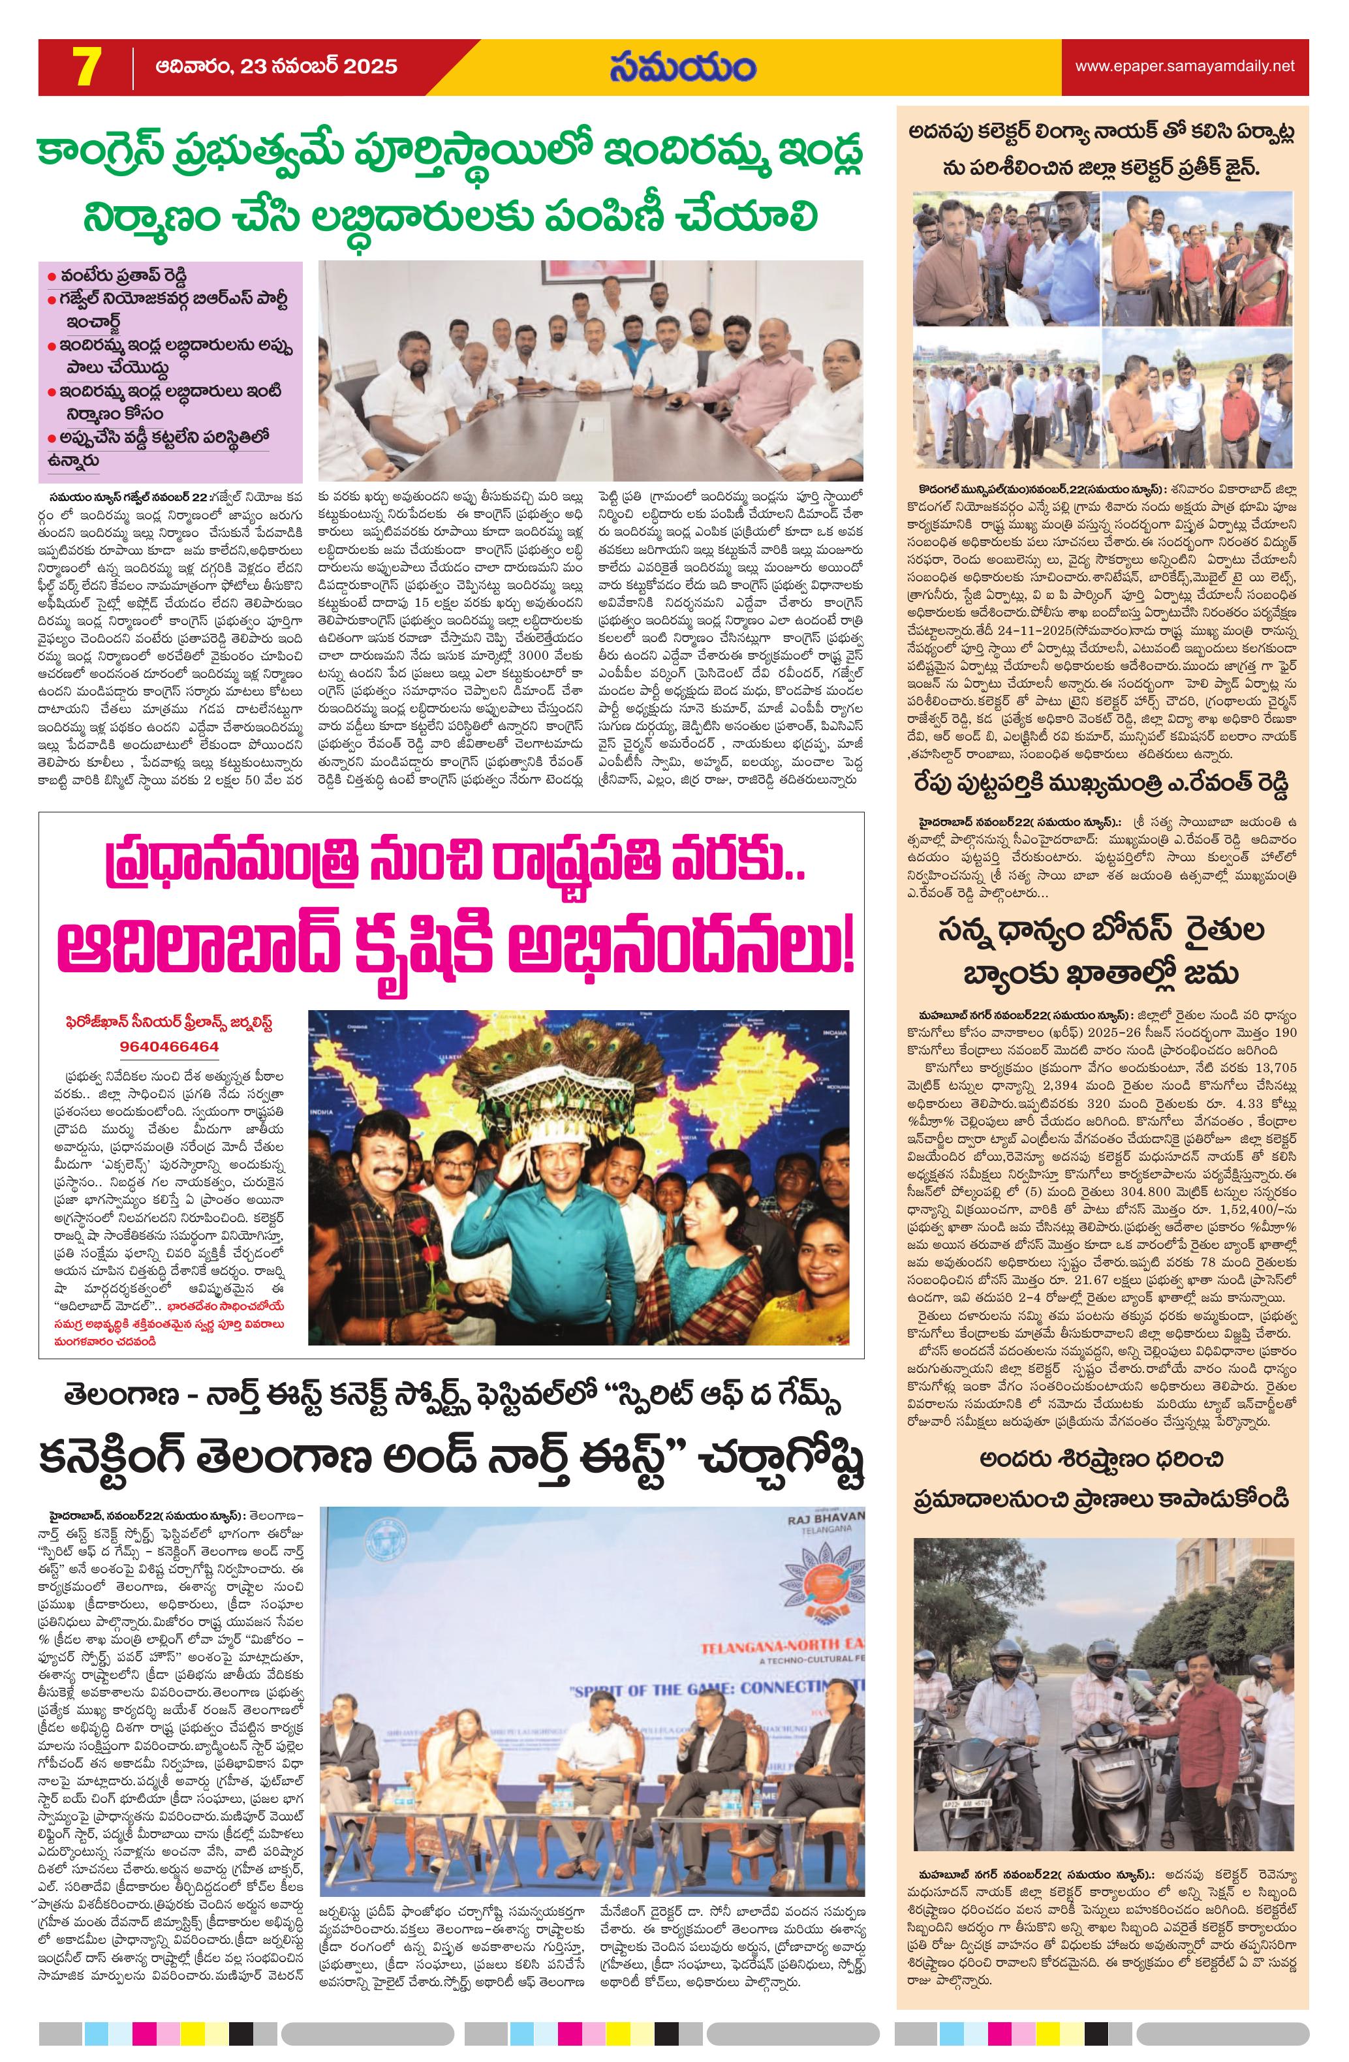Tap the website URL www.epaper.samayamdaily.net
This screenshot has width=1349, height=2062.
click(1185, 66)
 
